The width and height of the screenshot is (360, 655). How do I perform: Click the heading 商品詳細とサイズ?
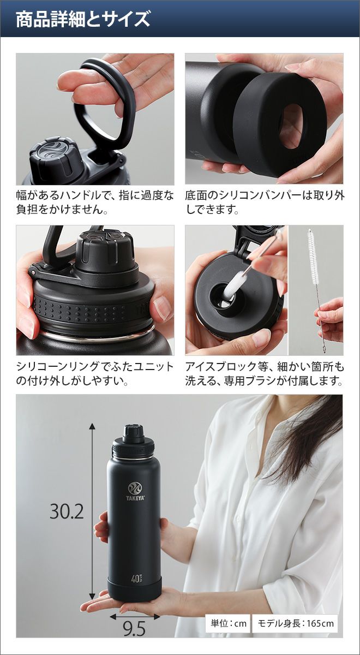click(83, 19)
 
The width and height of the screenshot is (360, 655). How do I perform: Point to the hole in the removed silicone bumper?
click(291, 126)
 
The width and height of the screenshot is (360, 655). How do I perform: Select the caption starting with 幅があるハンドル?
click(95, 203)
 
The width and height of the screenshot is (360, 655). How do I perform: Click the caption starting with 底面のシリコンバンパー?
click(265, 203)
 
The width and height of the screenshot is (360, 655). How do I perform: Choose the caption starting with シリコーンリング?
click(95, 374)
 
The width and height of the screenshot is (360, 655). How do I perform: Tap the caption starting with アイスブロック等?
click(265, 374)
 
